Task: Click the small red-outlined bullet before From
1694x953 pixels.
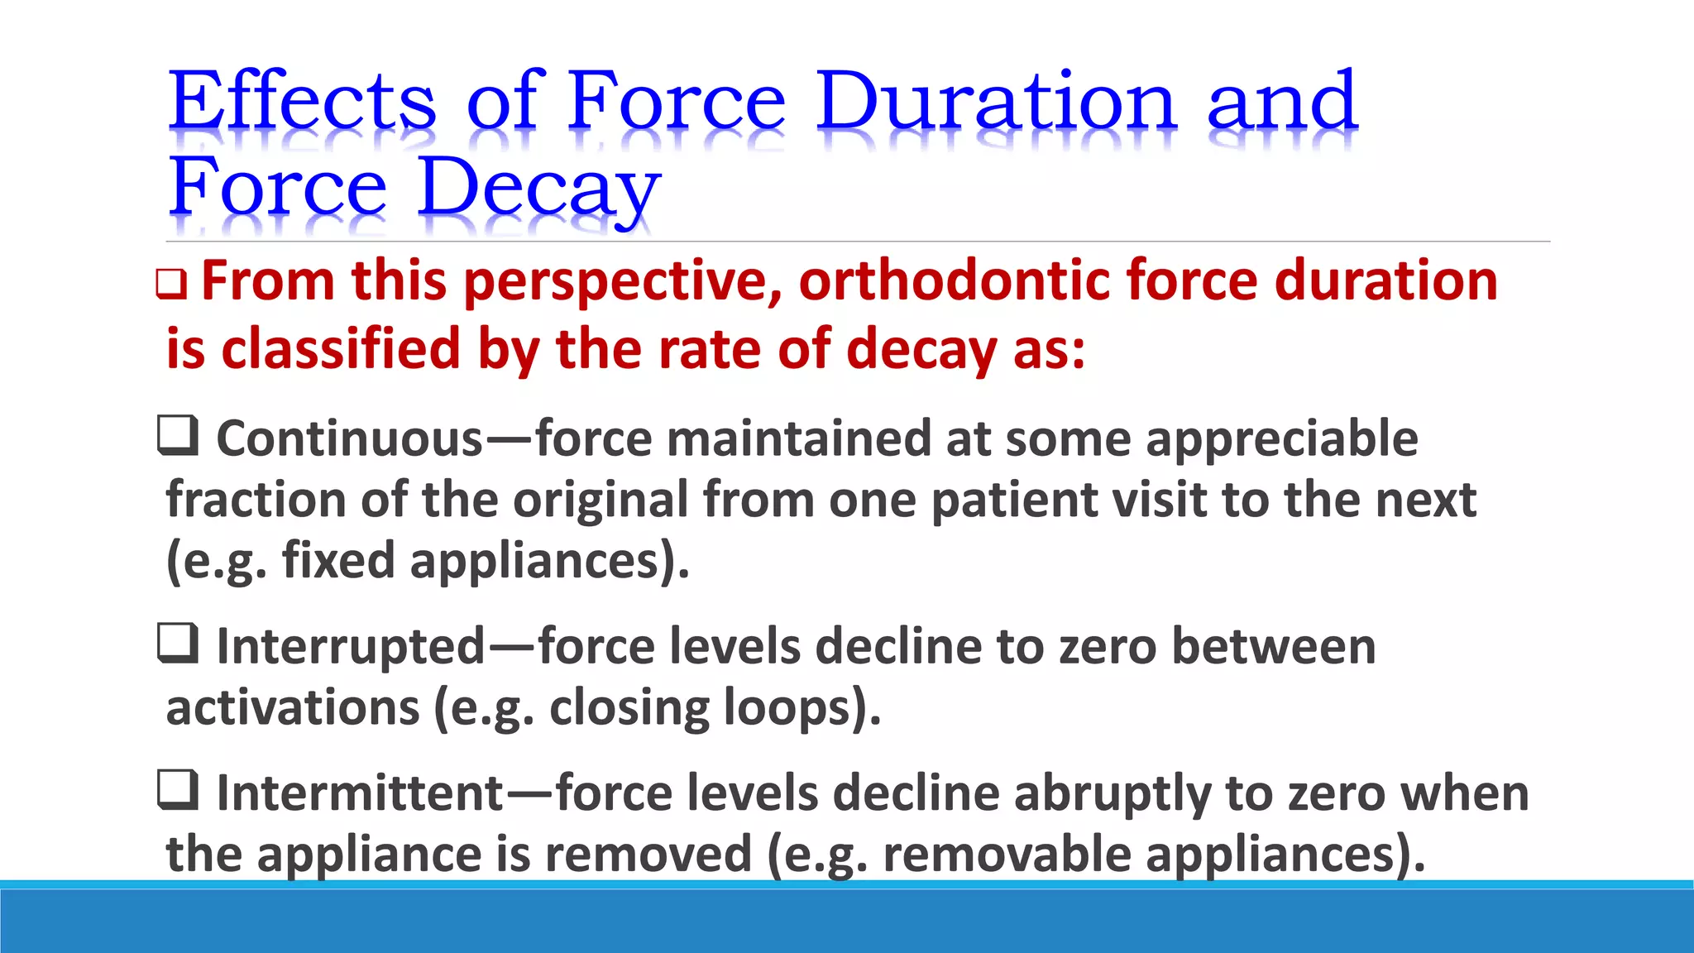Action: point(171,285)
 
